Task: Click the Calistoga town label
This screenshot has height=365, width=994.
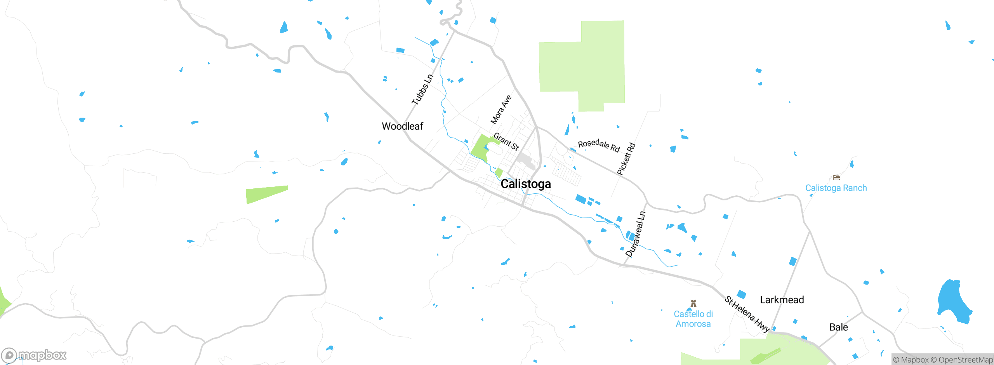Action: [x=525, y=184]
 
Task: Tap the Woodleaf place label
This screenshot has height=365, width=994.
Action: [x=402, y=126]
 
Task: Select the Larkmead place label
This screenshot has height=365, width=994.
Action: [x=782, y=300]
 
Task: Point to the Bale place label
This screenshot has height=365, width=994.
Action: [x=838, y=327]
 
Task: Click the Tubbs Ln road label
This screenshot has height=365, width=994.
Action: [x=422, y=90]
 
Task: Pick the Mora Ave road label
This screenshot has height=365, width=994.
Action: [x=501, y=110]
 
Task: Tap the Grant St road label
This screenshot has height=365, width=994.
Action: [x=506, y=141]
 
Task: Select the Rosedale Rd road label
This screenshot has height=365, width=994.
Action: [x=599, y=145]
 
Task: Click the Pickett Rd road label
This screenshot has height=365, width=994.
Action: [x=626, y=159]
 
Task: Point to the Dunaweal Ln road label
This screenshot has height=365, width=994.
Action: [x=636, y=234]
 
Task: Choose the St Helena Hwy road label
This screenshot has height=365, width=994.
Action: [x=747, y=314]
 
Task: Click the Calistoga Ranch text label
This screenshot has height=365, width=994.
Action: [x=836, y=188]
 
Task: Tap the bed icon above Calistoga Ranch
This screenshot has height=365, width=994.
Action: [x=836, y=177]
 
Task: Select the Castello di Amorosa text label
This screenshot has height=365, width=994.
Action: [x=693, y=319]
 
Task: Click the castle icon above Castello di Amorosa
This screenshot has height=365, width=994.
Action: [x=693, y=303]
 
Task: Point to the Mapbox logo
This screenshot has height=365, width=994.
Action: [x=34, y=355]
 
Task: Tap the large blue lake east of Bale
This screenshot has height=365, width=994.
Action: [x=953, y=301]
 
